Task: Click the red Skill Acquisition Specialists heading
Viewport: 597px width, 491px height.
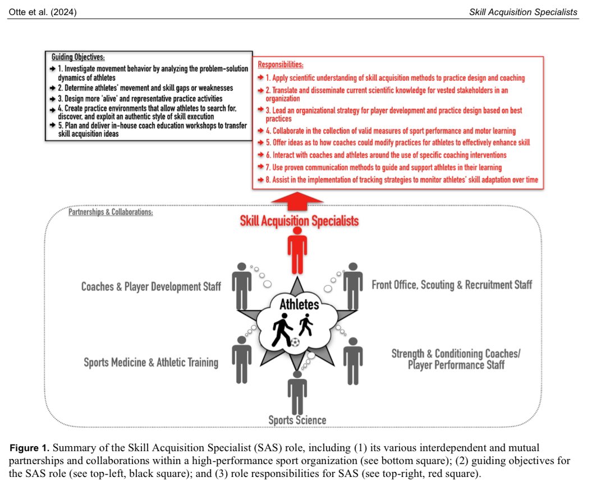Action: (x=298, y=221)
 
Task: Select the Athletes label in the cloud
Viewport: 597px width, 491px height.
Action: (x=300, y=305)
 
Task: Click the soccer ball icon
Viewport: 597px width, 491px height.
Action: (x=296, y=341)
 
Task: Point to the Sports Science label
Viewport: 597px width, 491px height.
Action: (x=297, y=420)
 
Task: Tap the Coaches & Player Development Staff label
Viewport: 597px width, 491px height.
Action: (x=151, y=287)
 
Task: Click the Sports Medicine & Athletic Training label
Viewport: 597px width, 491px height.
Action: (x=151, y=362)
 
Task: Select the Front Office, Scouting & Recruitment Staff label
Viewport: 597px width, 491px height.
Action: (x=452, y=285)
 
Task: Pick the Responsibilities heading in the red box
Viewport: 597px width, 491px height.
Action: (x=281, y=65)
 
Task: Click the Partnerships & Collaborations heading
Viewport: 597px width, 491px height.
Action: (x=111, y=213)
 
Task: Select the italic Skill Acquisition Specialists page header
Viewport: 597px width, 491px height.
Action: (x=523, y=12)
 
